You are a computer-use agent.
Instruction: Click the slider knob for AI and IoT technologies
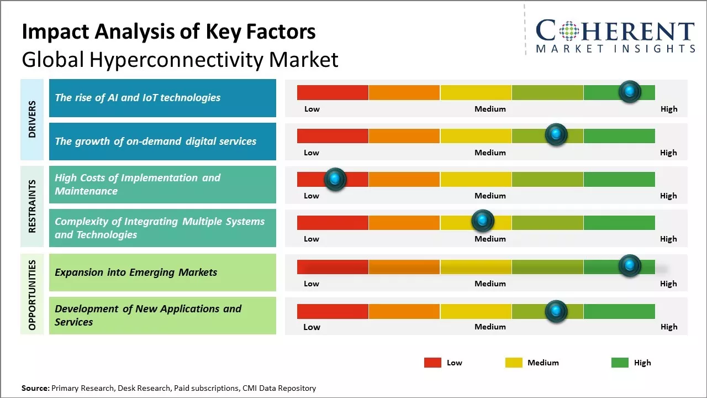point(629,92)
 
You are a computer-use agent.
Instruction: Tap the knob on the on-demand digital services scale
point(556,135)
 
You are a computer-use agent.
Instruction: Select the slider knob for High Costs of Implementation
point(335,179)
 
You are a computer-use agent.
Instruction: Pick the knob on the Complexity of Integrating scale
point(483,221)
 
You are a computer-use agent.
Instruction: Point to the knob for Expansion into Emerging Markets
point(629,266)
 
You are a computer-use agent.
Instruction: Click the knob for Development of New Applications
point(556,311)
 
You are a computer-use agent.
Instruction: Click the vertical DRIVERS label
point(32,119)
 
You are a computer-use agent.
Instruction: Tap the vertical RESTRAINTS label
point(32,206)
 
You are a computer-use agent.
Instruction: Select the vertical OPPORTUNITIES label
point(32,295)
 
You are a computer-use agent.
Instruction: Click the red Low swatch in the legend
point(432,363)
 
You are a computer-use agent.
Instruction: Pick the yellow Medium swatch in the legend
point(514,363)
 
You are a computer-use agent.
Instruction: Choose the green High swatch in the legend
point(620,363)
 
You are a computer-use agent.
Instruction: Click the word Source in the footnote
point(35,388)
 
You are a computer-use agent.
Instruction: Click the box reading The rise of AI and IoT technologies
point(162,98)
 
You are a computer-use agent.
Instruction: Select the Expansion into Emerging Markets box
point(162,273)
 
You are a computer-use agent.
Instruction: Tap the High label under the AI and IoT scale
point(668,109)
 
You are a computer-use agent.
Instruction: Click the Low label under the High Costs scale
point(312,196)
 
